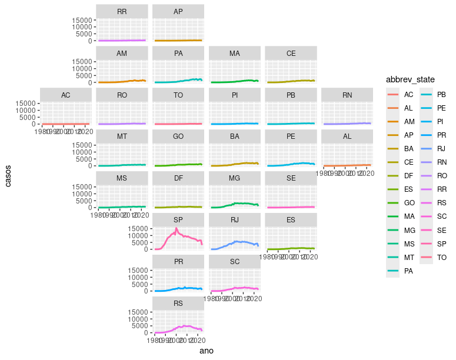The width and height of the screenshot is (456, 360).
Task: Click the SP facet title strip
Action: point(178,220)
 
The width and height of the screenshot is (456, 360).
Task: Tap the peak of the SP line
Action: point(176,228)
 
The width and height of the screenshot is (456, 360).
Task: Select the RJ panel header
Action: point(234,220)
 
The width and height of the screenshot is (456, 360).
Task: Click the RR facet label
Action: point(122,12)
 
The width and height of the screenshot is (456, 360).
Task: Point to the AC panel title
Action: point(65,95)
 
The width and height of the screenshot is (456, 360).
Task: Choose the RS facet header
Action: point(178,304)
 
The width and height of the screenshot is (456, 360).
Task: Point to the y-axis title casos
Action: point(8,175)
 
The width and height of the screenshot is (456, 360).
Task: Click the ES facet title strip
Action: point(291,220)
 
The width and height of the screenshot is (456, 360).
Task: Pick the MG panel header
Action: point(234,178)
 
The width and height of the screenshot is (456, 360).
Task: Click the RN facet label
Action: point(347,95)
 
